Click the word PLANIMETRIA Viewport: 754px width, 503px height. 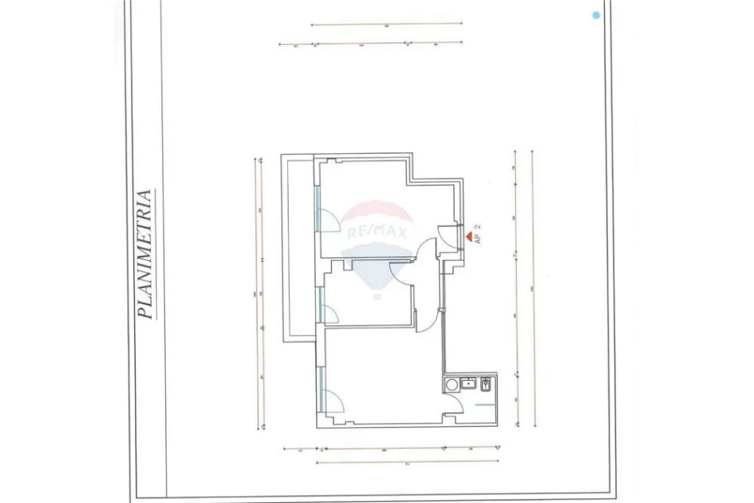tap(145, 253)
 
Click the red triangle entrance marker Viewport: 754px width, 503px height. tap(468, 236)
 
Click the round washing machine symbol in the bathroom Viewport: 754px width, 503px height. tap(452, 385)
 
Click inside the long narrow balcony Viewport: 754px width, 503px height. tap(302, 246)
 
